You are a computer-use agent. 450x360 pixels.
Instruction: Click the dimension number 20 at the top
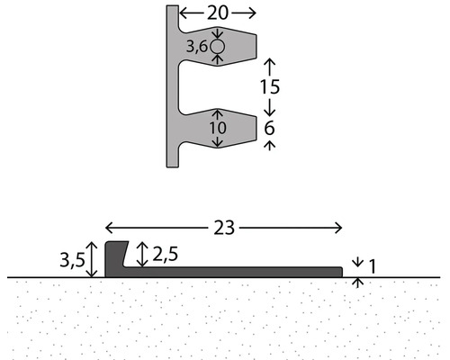click(218, 13)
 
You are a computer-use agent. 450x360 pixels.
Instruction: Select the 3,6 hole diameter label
click(197, 47)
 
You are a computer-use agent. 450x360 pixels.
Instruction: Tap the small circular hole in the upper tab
click(217, 47)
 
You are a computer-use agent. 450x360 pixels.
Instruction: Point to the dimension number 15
click(270, 87)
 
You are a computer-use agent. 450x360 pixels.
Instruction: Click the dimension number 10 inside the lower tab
click(218, 128)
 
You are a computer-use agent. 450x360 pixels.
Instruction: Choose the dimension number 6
click(269, 128)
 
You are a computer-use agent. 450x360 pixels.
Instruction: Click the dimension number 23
click(224, 228)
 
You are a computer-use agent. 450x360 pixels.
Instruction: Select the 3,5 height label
click(73, 260)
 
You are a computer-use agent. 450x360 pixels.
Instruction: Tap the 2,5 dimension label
click(165, 254)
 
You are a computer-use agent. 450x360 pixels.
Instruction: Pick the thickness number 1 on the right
click(372, 266)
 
